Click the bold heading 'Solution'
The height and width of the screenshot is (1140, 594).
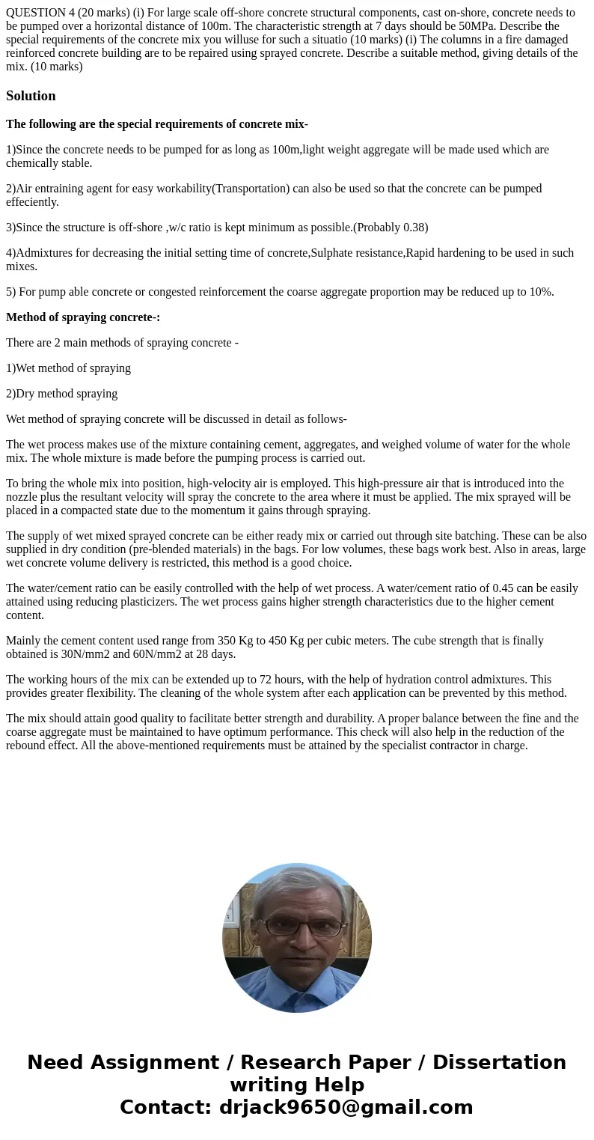[31, 96]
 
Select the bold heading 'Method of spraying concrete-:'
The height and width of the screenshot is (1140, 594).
[83, 317]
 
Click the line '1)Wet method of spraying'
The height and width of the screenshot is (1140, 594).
[68, 368]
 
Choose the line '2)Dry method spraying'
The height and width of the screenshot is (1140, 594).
[61, 394]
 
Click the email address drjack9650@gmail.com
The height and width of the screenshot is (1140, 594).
[346, 1108]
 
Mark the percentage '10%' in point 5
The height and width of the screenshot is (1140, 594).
[540, 292]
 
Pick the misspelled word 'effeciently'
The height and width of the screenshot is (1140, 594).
[33, 202]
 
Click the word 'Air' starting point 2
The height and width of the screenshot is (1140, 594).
[24, 189]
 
